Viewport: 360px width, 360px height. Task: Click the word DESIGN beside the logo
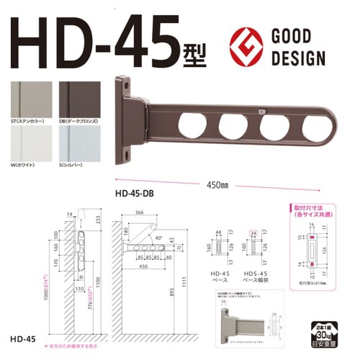tap(301, 58)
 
